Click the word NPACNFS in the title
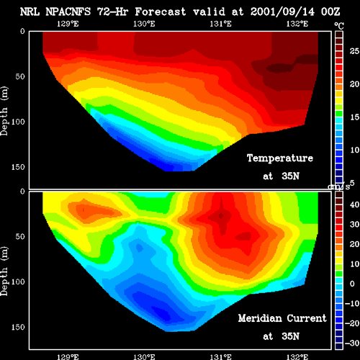(68, 12)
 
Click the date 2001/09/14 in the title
(282, 12)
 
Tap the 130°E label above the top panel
(144, 24)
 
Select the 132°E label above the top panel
(297, 24)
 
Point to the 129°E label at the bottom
(68, 356)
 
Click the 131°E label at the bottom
(220, 356)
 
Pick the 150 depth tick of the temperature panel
(18, 167)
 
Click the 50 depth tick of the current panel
(20, 237)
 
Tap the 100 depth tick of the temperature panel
(18, 122)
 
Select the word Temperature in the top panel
(280, 158)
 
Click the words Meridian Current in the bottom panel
(282, 318)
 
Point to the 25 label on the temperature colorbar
(354, 51)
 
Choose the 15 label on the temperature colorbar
(354, 117)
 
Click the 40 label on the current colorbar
(354, 204)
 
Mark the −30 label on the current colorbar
(352, 343)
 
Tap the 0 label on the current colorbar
(352, 284)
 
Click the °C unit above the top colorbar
(339, 25)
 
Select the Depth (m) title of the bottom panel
(4, 271)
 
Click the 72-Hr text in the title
(112, 12)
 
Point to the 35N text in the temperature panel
(291, 176)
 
